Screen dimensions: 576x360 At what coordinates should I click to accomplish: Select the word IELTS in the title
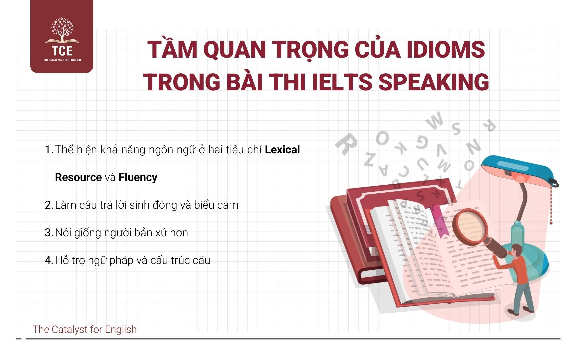[342, 82]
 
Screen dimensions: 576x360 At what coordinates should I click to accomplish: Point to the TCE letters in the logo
[62, 51]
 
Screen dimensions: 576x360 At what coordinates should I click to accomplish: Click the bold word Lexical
[282, 150]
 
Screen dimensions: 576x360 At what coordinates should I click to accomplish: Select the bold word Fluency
[138, 178]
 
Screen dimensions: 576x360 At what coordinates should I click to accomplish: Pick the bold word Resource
[78, 177]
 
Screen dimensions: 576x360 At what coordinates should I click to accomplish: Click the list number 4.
[49, 260]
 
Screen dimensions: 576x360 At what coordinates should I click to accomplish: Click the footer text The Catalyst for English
[85, 329]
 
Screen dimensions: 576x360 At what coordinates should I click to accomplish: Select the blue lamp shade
[517, 171]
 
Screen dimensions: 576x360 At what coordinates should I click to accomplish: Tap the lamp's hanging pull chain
[551, 203]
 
